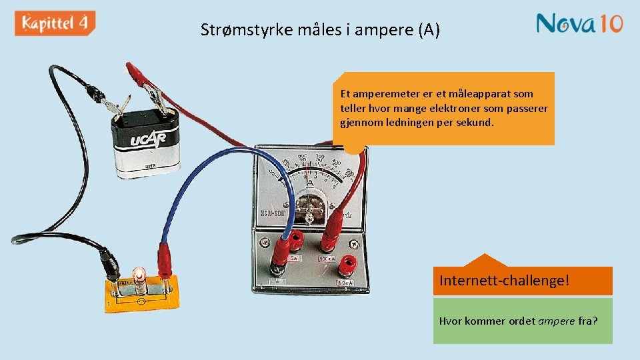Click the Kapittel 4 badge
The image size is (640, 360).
[55, 23]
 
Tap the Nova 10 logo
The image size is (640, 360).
[579, 23]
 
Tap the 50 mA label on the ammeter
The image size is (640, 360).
[345, 283]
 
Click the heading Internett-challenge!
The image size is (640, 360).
[504, 281]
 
